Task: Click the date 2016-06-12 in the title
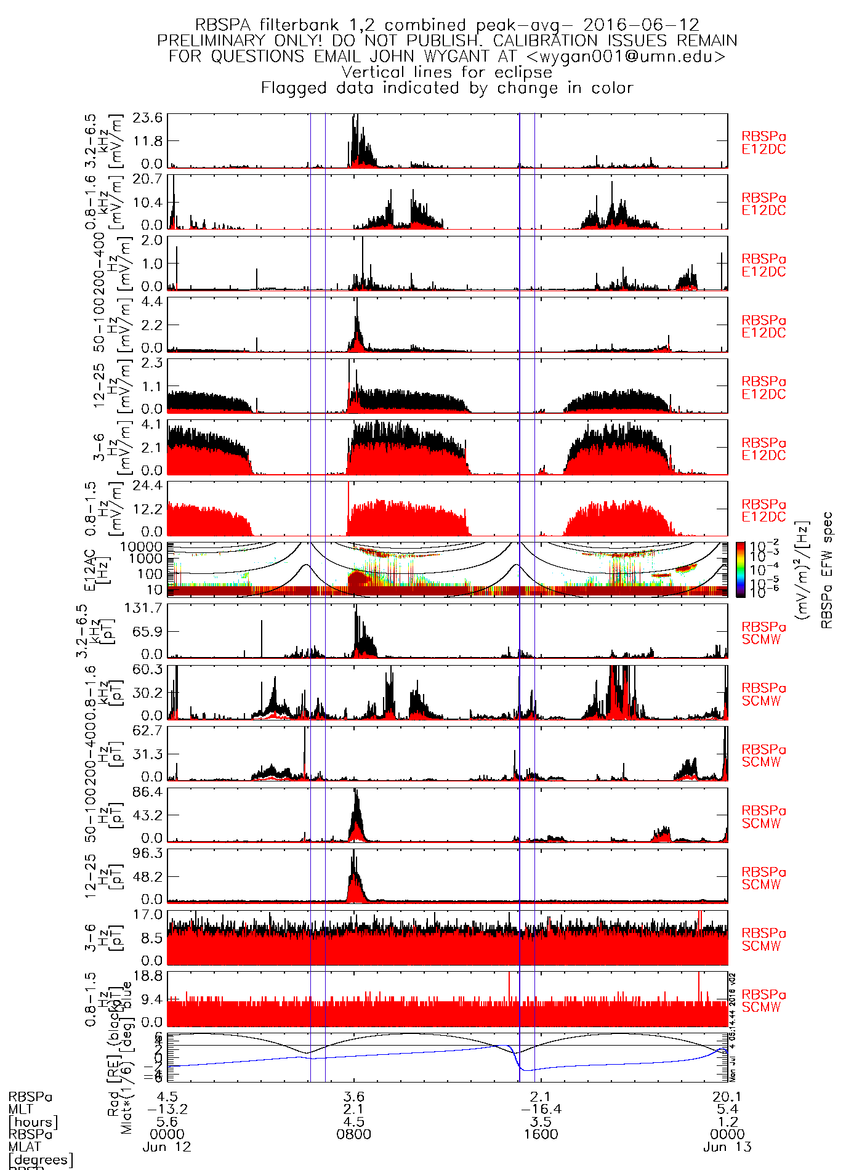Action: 641,25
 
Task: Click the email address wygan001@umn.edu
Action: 626,57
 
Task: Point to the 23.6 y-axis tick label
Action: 151,118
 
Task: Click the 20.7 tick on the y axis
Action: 151,179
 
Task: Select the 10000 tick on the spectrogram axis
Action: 142,547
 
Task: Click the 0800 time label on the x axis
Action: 354,1134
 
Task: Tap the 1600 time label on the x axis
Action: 541,1134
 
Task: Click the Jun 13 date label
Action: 727,1147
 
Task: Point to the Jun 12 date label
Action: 167,1147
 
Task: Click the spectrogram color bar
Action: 741,570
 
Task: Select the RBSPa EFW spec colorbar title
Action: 826,570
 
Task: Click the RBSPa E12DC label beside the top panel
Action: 763,143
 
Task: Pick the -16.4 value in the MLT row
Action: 541,1109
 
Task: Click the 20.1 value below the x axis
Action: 727,1097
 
